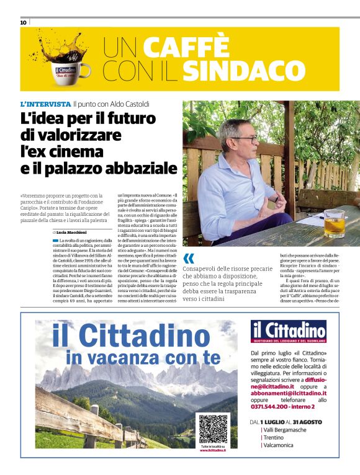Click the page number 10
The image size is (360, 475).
point(24,22)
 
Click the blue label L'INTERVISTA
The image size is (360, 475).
point(45,104)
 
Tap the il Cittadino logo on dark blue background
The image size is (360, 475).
point(289,332)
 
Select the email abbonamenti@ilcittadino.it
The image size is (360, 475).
point(288,393)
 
